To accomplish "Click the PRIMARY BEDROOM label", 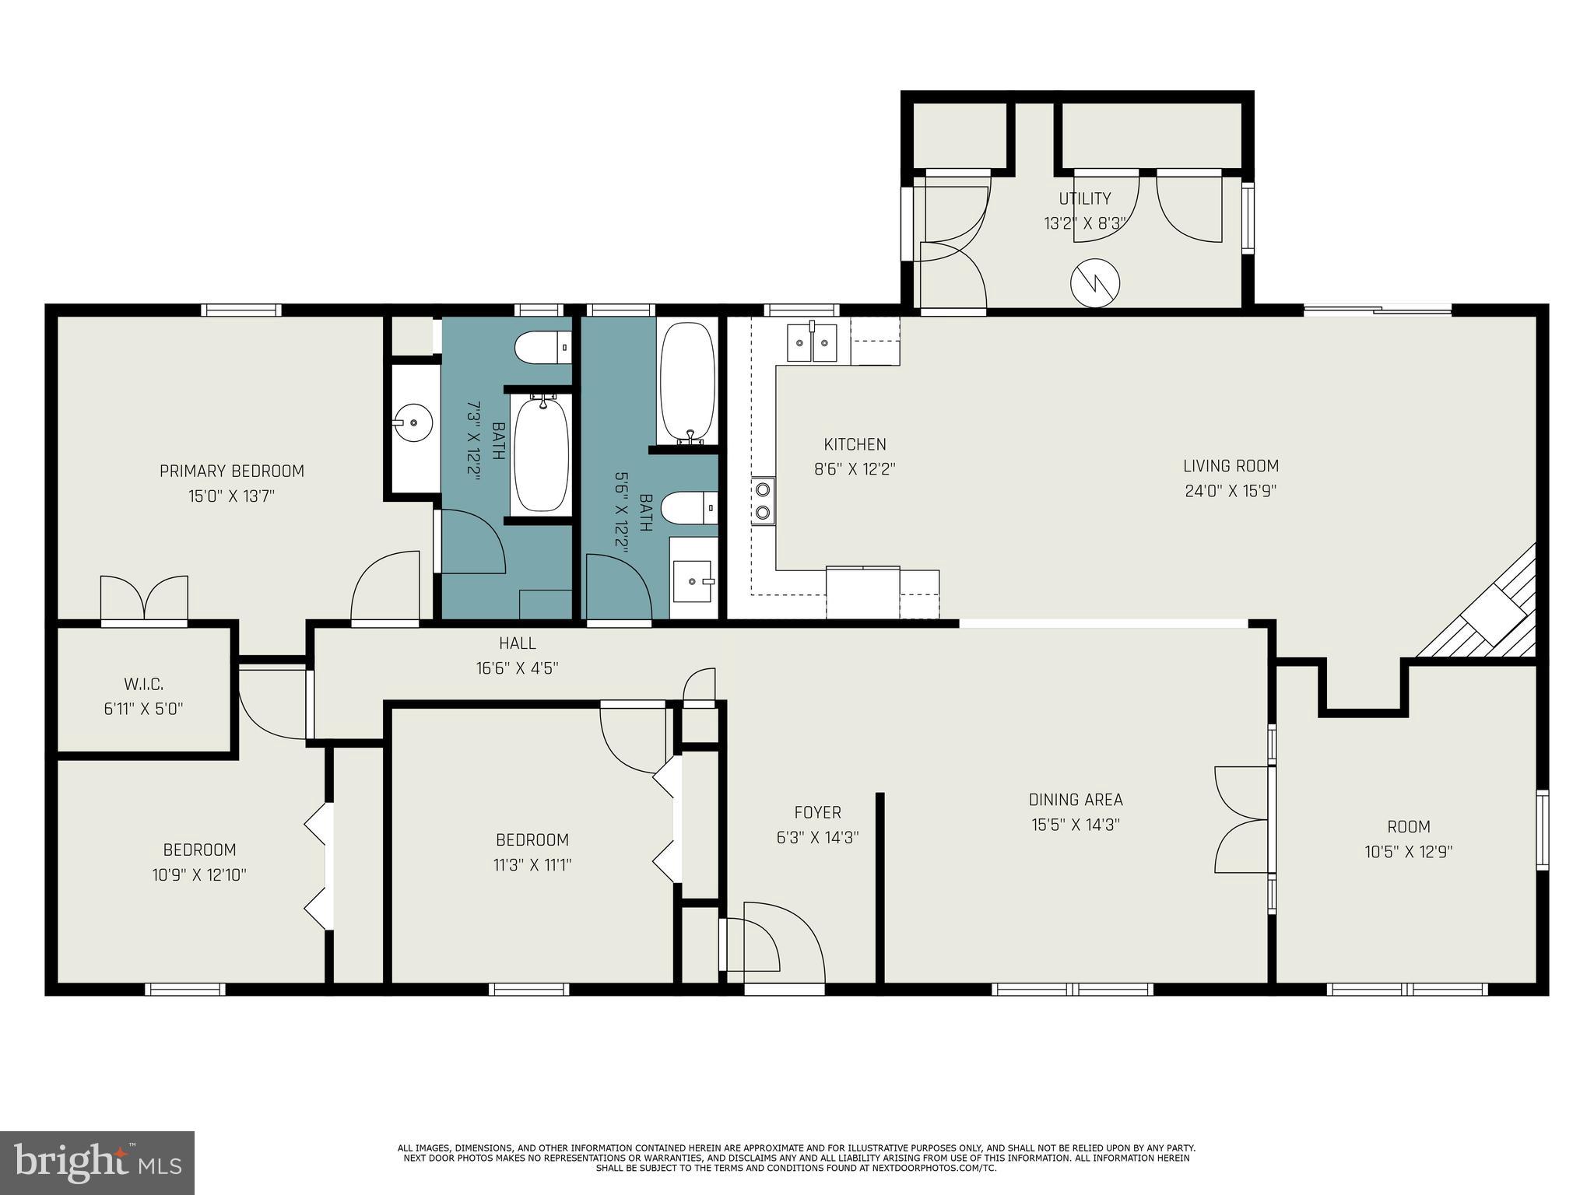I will click(x=231, y=471).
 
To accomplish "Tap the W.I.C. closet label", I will click(x=143, y=685).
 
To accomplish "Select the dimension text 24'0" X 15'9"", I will click(x=1231, y=491).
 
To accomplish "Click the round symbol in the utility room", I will click(x=1095, y=283).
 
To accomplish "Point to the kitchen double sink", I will click(x=812, y=344).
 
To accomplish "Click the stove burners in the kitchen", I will click(x=764, y=501).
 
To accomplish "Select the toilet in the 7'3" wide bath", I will click(x=543, y=347).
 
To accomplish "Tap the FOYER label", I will click(x=817, y=812).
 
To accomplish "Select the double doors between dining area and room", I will click(x=1242, y=819).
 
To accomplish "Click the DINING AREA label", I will click(x=1076, y=800).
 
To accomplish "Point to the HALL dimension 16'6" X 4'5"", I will click(x=517, y=668).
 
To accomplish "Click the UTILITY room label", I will click(x=1084, y=198).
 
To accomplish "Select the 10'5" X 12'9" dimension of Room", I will click(x=1408, y=852).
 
